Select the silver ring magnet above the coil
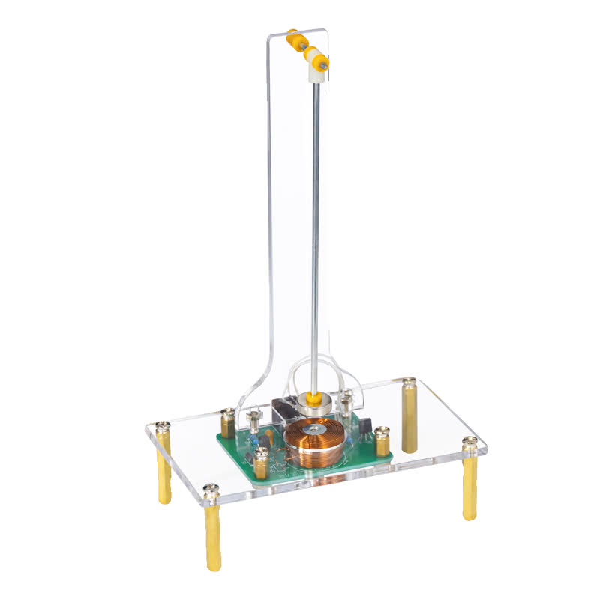[315, 404]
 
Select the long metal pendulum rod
[316, 225]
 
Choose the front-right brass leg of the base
[469, 487]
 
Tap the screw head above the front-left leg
[211, 490]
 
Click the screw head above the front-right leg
[470, 442]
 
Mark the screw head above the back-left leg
[163, 427]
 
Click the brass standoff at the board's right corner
[382, 442]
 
